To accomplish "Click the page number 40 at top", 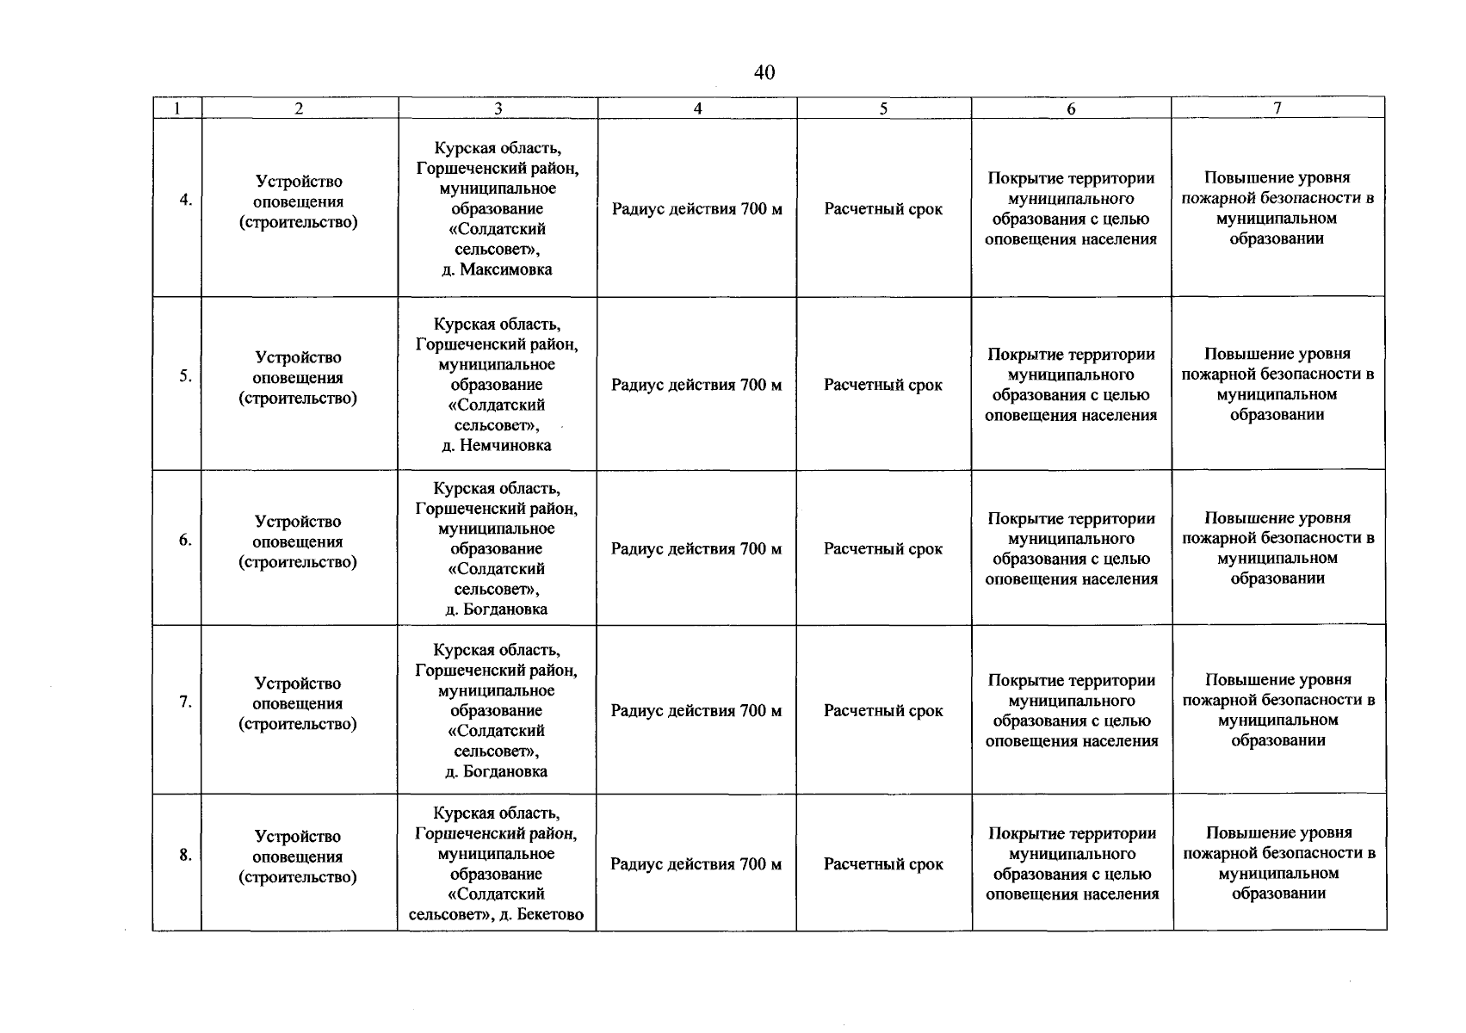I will click(x=764, y=73).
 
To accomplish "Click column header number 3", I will click(x=498, y=108).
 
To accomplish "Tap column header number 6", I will click(x=1071, y=108).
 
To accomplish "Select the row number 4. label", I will click(x=185, y=200).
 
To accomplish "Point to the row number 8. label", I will click(x=185, y=855).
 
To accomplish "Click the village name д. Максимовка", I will click(x=497, y=269).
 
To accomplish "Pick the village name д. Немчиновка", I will click(x=497, y=445).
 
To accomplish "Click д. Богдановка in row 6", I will click(x=497, y=609).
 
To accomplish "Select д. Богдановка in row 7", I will click(x=497, y=771).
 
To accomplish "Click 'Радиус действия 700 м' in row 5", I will click(x=696, y=385).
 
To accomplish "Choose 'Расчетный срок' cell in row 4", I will click(x=883, y=209).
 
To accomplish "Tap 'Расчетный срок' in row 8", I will click(x=883, y=864).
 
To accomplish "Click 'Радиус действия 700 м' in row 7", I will click(x=696, y=711).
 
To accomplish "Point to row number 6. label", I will click(x=185, y=540).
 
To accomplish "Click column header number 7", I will click(x=1277, y=108).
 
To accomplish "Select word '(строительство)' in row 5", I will click(x=298, y=399).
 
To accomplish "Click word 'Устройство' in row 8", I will click(x=298, y=836).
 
